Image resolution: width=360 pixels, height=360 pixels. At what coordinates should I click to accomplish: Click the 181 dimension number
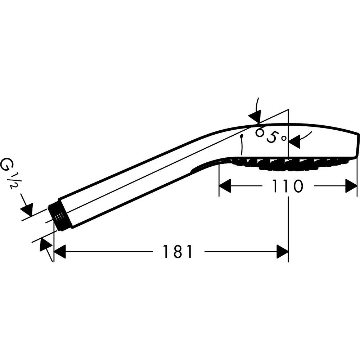click(x=177, y=251)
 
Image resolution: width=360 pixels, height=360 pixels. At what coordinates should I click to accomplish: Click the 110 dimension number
click(x=287, y=186)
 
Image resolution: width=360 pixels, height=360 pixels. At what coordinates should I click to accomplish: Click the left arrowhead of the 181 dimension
click(x=60, y=251)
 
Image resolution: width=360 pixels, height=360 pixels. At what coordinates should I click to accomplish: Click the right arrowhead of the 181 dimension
click(x=282, y=251)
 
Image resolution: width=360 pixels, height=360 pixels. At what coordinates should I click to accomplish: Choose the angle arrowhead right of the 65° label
click(x=294, y=141)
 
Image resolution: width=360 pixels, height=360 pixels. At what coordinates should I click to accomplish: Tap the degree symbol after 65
click(x=284, y=138)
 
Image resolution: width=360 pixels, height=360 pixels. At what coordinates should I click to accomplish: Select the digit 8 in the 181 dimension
click(x=177, y=251)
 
